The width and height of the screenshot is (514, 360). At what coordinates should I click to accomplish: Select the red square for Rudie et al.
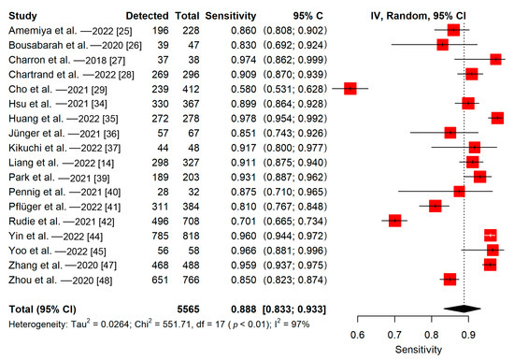(394, 221)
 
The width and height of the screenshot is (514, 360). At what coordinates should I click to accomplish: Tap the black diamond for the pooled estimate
(464, 307)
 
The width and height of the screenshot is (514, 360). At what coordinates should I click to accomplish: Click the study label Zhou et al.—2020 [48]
(50, 279)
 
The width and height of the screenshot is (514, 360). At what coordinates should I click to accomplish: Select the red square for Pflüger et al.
(435, 204)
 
